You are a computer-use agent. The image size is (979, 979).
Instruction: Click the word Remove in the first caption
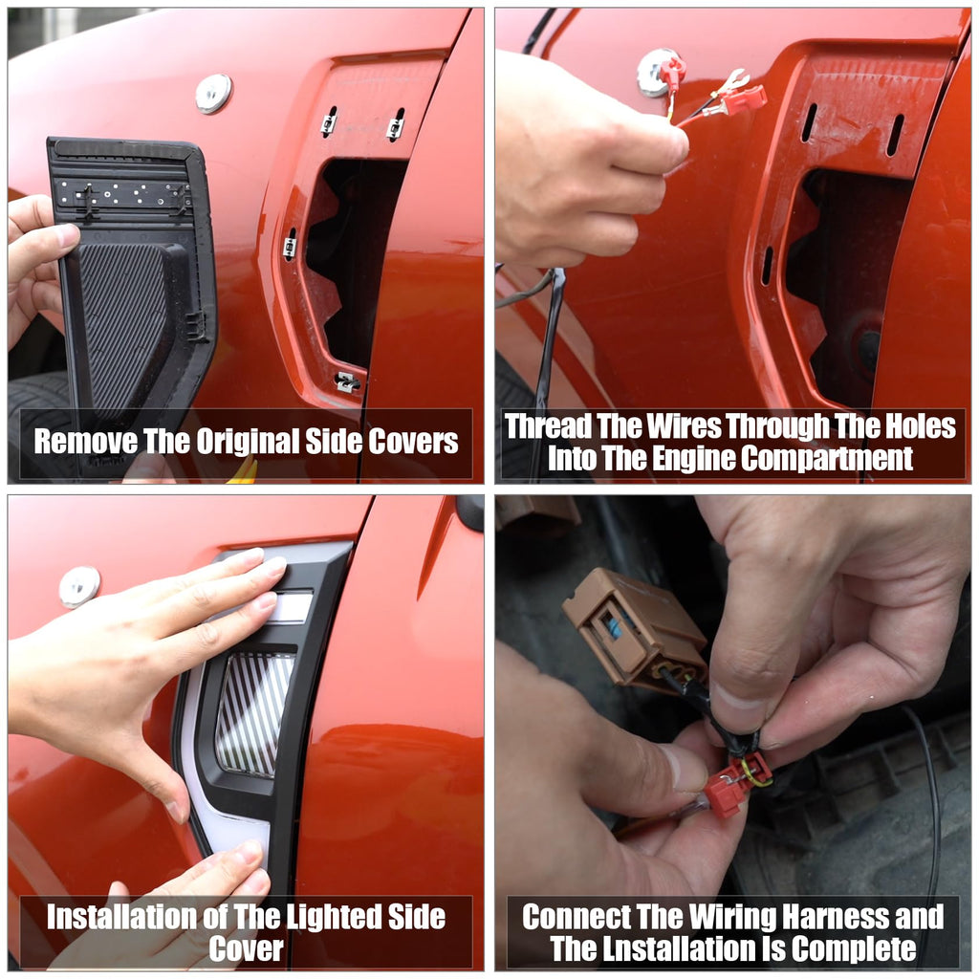pyautogui.click(x=85, y=442)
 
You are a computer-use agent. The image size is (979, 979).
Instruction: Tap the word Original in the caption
pyautogui.click(x=248, y=442)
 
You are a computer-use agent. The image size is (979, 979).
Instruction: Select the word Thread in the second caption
pyautogui.click(x=548, y=426)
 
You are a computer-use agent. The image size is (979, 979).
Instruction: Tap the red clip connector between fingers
pyautogui.click(x=737, y=784)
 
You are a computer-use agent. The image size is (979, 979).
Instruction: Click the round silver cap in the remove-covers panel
pyautogui.click(x=213, y=93)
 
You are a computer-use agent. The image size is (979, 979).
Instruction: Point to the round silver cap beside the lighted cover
pyautogui.click(x=79, y=586)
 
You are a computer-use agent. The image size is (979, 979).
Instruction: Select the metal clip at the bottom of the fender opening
pyautogui.click(x=347, y=382)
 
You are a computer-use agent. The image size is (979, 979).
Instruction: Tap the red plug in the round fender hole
pyautogui.click(x=672, y=72)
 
